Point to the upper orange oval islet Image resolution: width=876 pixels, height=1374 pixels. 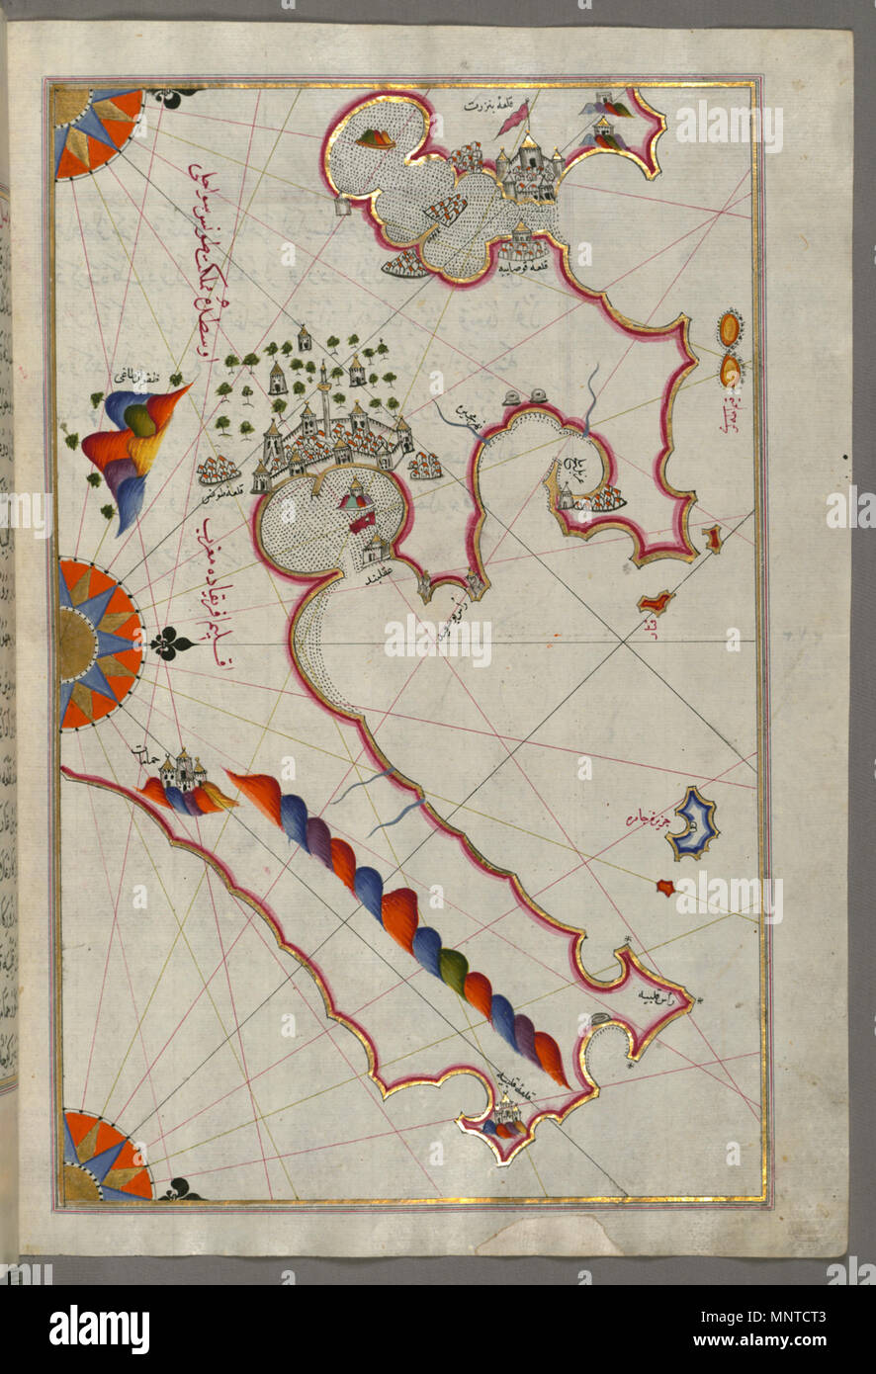click(731, 329)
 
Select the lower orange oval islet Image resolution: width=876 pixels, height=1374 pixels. click(731, 371)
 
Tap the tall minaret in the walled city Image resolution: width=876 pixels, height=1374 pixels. click(324, 391)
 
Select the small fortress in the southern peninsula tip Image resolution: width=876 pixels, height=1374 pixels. click(507, 1117)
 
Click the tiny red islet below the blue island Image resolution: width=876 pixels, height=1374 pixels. click(664, 888)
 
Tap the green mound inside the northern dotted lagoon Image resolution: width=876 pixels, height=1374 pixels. click(377, 138)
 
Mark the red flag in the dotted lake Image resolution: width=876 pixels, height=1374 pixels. click(361, 522)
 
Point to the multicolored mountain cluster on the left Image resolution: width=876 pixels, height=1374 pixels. click(133, 445)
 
